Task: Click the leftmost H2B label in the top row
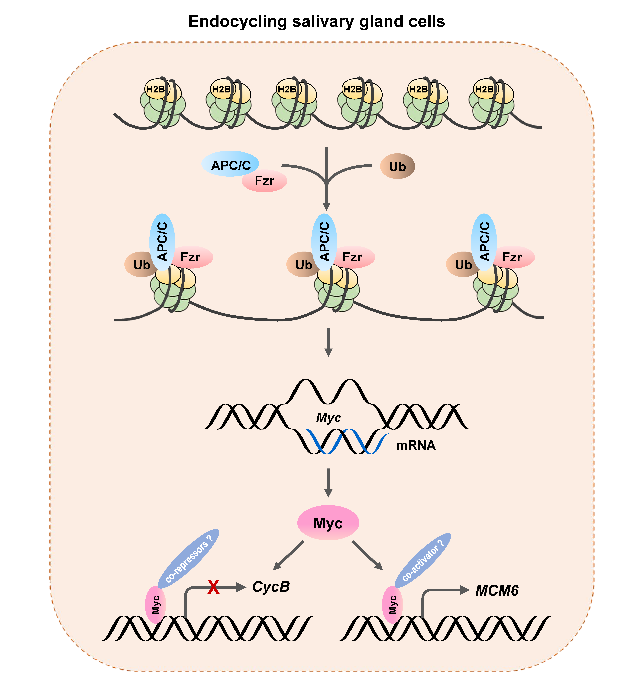click(x=156, y=89)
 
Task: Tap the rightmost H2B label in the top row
click(x=484, y=89)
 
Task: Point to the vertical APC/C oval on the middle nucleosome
click(x=324, y=242)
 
